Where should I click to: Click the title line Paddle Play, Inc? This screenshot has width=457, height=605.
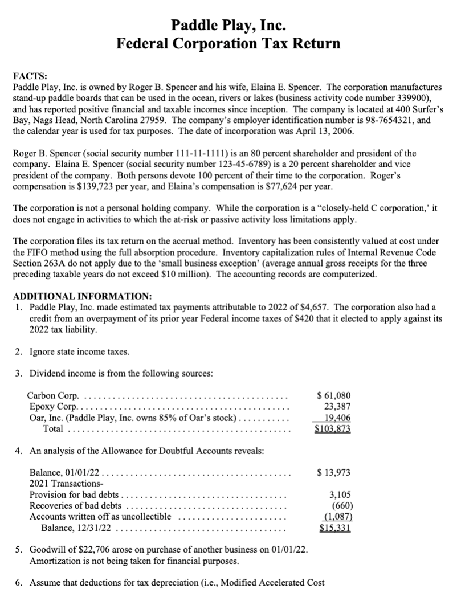pyautogui.click(x=228, y=25)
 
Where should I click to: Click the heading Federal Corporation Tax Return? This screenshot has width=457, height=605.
pyautogui.click(x=228, y=43)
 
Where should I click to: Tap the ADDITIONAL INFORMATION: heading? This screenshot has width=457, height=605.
pyautogui.click(x=82, y=296)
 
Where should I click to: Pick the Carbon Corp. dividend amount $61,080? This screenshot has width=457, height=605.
pyautogui.click(x=334, y=395)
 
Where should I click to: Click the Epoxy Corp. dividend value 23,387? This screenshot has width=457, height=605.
pyautogui.click(x=337, y=406)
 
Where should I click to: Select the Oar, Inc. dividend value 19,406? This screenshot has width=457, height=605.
pyautogui.click(x=337, y=417)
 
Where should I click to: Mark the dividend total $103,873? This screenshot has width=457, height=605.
pyautogui.click(x=333, y=428)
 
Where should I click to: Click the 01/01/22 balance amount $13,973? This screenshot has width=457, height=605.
pyautogui.click(x=334, y=472)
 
